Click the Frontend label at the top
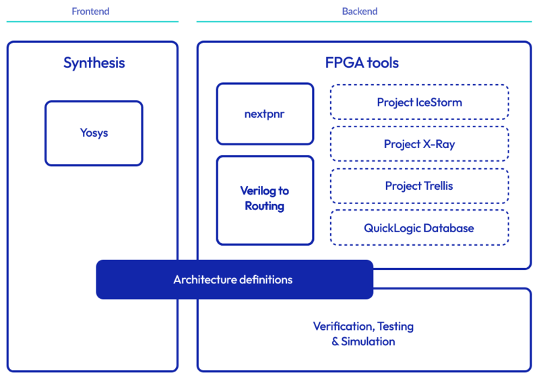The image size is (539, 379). click(90, 11)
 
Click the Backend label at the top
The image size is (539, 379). click(360, 11)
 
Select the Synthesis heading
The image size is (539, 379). click(94, 63)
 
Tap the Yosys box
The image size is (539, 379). click(94, 133)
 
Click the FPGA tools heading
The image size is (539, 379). click(362, 63)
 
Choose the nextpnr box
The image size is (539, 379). click(265, 114)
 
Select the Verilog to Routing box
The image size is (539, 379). click(265, 200)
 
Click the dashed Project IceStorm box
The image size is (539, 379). click(419, 102)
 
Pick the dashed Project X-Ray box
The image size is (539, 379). click(419, 144)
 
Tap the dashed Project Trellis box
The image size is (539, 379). click(419, 186)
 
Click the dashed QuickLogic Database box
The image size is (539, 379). click(419, 228)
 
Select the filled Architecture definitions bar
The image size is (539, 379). click(234, 279)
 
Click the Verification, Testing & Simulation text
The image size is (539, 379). click(363, 334)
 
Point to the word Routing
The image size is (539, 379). click(265, 207)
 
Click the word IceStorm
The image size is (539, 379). click(439, 102)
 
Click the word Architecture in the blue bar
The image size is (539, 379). click(201, 279)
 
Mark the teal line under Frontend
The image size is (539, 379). click(92, 22)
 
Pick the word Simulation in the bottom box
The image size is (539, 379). click(369, 341)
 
